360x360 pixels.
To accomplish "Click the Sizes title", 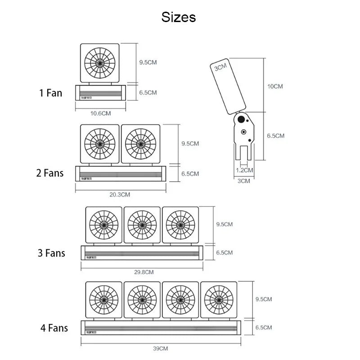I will (179, 17).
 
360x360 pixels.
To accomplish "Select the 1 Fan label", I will (50, 94).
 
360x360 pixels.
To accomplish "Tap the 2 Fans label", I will (50, 173).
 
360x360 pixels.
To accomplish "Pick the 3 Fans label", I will (51, 253).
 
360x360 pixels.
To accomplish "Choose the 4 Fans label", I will (54, 328).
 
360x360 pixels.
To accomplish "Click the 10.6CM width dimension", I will (100, 113).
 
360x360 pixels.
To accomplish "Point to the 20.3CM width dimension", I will (120, 195).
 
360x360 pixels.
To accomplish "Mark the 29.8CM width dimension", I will (144, 272).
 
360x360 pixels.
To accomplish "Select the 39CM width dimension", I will (160, 349).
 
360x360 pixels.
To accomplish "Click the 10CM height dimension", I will (275, 86).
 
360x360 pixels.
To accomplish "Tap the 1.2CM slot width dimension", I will (245, 170).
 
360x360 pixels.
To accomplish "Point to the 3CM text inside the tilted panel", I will (220, 68).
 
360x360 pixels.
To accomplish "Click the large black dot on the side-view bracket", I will (241, 120).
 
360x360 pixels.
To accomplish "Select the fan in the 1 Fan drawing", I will (100, 63).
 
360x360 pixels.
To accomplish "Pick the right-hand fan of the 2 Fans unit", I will (140, 144).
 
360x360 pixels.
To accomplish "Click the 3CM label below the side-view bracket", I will (243, 181).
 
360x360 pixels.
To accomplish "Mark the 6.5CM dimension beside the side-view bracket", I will (275, 135).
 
